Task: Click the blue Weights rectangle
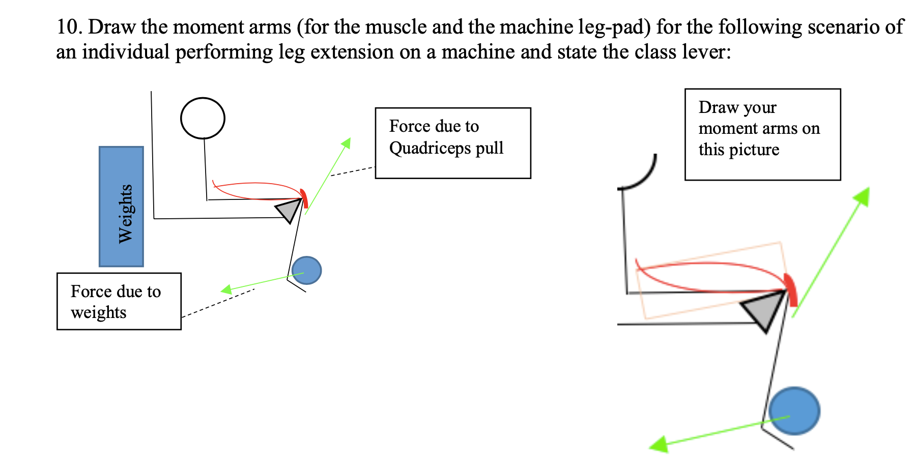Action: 121,206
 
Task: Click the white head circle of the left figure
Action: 203,118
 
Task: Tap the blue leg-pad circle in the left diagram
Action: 307,270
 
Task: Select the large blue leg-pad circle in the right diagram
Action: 794,411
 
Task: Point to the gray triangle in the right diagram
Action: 762,311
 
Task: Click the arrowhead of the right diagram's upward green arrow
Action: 865,192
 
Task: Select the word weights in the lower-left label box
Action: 98,312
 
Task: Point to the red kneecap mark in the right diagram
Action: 791,288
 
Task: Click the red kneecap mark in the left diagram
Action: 304,197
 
